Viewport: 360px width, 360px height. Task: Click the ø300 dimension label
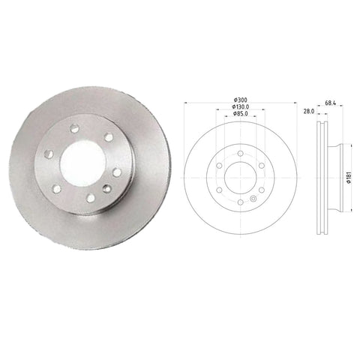[240, 100]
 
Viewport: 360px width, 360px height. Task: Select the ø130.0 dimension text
[240, 107]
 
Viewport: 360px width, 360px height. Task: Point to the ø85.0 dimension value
[240, 114]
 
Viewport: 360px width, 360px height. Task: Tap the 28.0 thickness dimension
[308, 111]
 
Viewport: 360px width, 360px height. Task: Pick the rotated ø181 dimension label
[349, 178]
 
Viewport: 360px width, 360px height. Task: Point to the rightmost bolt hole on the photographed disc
[117, 172]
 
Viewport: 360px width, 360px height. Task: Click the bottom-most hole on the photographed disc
[91, 198]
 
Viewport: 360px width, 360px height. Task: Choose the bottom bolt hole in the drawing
[240, 202]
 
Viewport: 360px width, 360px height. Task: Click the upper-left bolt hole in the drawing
[219, 165]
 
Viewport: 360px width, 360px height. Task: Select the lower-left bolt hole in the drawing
[219, 189]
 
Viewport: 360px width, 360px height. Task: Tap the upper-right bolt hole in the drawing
[261, 165]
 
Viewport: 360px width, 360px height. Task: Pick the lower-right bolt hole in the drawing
[261, 189]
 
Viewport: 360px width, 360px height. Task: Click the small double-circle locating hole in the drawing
[253, 198]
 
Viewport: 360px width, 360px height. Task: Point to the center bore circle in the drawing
[240, 177]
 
